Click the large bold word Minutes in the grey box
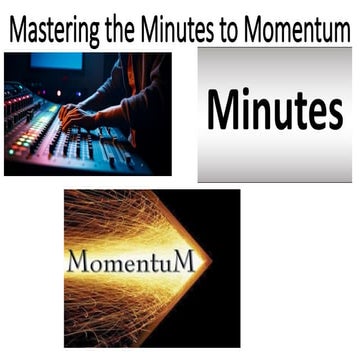pos(274,112)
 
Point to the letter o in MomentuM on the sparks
pos(96,266)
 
